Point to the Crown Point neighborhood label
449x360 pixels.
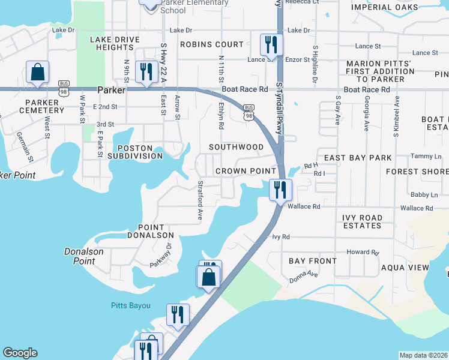tap(246, 171)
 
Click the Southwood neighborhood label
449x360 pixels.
tap(236, 147)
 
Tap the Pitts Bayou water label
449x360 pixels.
tap(131, 305)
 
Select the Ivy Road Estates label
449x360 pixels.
tap(362, 221)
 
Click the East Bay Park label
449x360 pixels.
tap(358, 158)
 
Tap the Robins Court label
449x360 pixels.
tap(212, 44)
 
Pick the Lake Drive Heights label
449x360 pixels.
tap(115, 43)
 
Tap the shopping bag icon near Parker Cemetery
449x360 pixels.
tap(37, 72)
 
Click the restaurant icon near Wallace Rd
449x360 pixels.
tap(280, 190)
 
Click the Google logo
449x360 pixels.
tap(20, 353)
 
